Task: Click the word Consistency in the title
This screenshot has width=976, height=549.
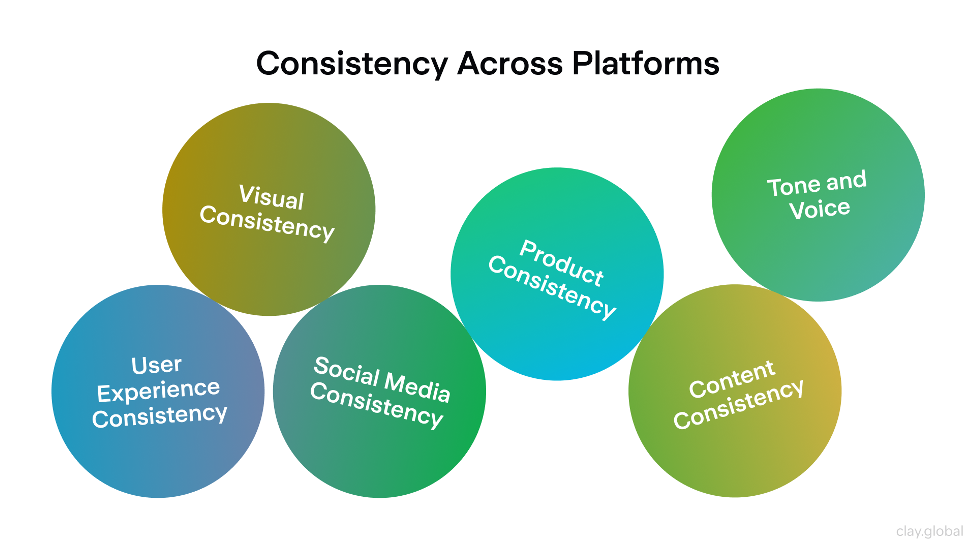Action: click(352, 64)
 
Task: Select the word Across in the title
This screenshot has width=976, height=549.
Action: click(510, 64)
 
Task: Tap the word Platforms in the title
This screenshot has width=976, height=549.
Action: click(646, 64)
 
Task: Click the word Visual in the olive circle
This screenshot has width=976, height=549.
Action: click(271, 197)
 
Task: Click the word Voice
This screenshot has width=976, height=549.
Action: click(819, 209)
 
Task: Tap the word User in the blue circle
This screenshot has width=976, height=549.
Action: click(157, 365)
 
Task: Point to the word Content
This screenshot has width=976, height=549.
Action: click(732, 379)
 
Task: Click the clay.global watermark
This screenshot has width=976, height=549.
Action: click(929, 531)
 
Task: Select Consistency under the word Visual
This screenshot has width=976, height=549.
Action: click(267, 224)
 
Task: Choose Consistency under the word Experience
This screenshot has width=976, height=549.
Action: click(160, 416)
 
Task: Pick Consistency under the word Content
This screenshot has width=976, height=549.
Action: click(738, 405)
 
